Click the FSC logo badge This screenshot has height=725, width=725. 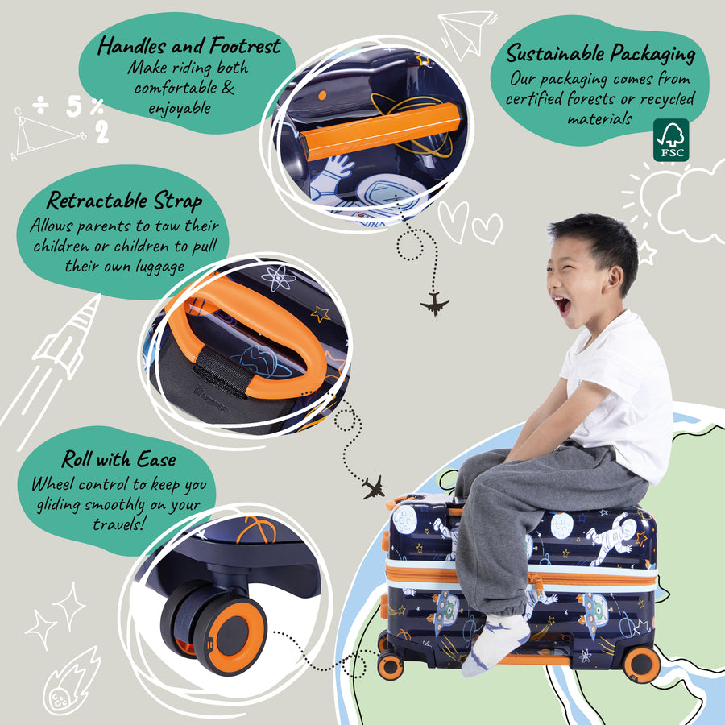(x=671, y=140)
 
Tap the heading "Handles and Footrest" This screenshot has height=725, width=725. (x=189, y=46)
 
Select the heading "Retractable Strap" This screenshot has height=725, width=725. (x=124, y=201)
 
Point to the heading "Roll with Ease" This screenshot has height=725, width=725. (x=119, y=459)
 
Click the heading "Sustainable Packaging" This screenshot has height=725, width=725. (x=601, y=53)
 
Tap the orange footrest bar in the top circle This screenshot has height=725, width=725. (x=380, y=131)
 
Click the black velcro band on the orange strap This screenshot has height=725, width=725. (x=222, y=371)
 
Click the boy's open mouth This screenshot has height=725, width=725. (x=563, y=305)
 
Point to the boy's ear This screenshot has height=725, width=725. (x=615, y=279)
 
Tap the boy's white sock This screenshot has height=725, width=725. (x=495, y=643)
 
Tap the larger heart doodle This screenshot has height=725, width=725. (x=453, y=222)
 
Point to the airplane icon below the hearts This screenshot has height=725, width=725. (x=435, y=304)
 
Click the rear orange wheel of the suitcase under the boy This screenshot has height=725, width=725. (x=642, y=664)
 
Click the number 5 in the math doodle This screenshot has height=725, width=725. (x=74, y=106)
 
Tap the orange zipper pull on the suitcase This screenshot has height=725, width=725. (x=536, y=583)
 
